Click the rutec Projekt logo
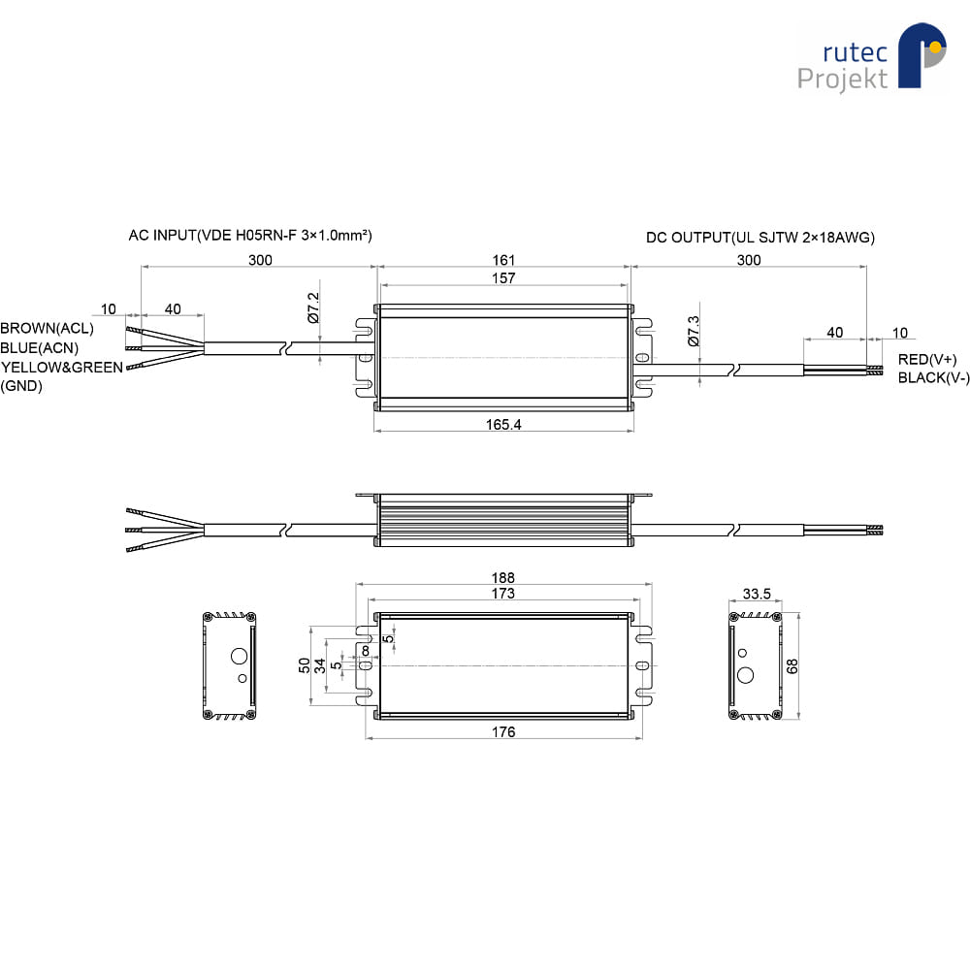[872, 57]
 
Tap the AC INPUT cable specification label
[250, 235]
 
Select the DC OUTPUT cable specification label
[760, 238]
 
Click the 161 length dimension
[503, 260]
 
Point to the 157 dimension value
[503, 277]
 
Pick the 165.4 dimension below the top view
[503, 425]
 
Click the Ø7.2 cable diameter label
[313, 308]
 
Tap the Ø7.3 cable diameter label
[694, 331]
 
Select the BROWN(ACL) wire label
[47, 328]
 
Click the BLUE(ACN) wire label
[40, 347]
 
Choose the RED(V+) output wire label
[927, 360]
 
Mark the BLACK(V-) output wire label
[933, 377]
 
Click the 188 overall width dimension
[502, 577]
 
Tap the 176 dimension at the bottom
[503, 731]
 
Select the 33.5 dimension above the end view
[757, 594]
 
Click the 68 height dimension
[792, 666]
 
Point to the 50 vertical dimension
[304, 665]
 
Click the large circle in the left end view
[239, 657]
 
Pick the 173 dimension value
[502, 594]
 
